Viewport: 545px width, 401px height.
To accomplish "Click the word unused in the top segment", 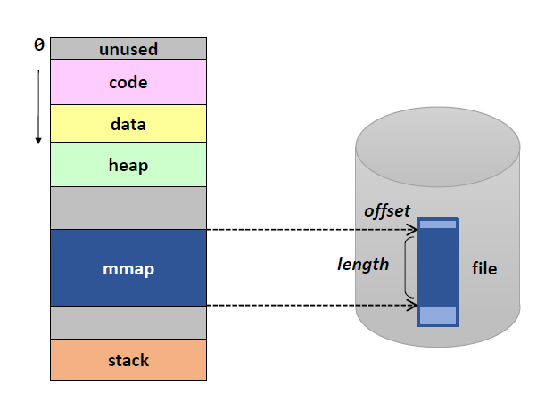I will (x=128, y=49).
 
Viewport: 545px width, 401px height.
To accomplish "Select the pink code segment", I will (x=128, y=83).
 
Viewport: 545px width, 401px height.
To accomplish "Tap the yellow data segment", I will (x=128, y=124).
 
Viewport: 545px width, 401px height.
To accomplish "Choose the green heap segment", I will (x=128, y=165).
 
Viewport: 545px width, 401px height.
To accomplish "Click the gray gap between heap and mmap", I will (x=128, y=208).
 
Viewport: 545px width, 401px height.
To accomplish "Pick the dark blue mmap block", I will (x=128, y=267).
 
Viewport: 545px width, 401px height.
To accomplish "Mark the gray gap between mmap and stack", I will (x=128, y=322).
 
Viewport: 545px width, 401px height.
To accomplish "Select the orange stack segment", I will (x=128, y=360).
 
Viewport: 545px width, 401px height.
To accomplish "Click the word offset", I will (x=386, y=211).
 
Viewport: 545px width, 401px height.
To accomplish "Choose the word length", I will (x=363, y=264).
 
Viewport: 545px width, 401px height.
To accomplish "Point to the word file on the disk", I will (x=484, y=268).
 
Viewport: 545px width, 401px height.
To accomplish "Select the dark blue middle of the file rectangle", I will (x=438, y=267).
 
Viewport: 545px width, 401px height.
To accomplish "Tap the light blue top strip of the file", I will (x=438, y=225).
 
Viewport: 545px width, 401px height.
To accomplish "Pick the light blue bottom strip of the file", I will (x=438, y=315).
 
